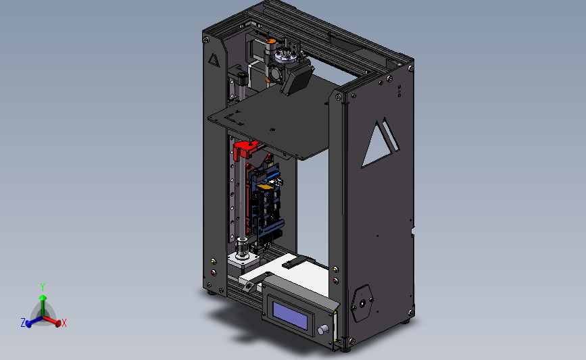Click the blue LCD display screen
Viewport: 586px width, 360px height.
click(290, 315)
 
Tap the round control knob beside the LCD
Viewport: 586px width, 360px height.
click(322, 330)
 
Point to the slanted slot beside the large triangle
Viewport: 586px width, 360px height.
click(391, 134)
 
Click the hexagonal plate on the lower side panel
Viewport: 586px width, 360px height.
click(362, 303)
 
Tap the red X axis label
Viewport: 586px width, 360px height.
click(64, 323)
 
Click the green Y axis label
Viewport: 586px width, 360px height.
click(43, 287)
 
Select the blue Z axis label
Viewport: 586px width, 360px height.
click(23, 323)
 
